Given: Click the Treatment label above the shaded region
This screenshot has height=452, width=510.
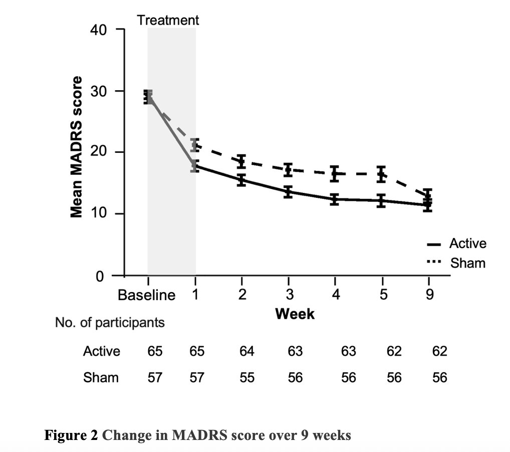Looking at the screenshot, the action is tap(168, 20).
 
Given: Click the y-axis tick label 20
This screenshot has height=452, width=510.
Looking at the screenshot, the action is tap(99, 152).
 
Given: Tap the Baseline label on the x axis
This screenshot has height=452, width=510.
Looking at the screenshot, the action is tap(146, 295).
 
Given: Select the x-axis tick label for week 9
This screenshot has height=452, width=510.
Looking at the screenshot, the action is tap(429, 295).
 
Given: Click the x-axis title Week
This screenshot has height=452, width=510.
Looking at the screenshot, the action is tap(295, 314).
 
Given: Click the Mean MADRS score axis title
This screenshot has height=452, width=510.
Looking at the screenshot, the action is tap(77, 147).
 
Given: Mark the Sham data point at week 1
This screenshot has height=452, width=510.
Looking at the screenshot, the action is tap(195, 145).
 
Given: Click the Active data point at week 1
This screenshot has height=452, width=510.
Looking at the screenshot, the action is tap(195, 166).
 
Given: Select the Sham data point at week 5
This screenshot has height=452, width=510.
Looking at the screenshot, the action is tap(382, 174).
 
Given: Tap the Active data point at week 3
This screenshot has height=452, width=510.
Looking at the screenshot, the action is tap(288, 191).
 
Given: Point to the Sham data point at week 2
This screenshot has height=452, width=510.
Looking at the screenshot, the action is tap(241, 161).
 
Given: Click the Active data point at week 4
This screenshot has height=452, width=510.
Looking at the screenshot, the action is tap(335, 199).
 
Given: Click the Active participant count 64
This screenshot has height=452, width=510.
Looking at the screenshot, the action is tap(247, 351).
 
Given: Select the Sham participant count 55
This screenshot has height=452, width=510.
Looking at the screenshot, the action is tap(247, 378).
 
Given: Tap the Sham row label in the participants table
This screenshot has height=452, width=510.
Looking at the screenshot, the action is tap(101, 378).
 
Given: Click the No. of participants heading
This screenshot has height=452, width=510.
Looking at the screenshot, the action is tap(110, 323).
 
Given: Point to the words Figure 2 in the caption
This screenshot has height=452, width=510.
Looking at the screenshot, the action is tap(71, 435).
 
